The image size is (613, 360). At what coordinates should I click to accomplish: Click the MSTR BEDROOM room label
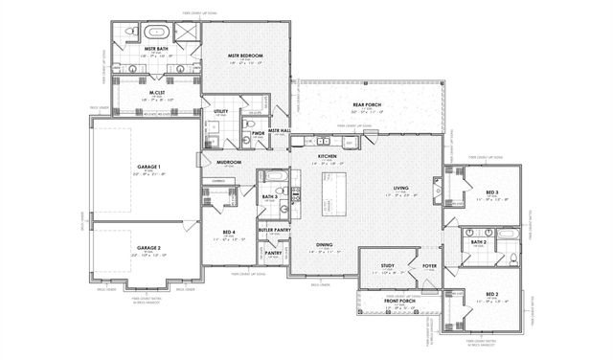point(245,56)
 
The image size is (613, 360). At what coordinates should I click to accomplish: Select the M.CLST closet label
point(157,93)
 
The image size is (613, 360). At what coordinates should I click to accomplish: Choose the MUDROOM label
point(228,163)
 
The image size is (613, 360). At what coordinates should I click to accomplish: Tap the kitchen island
point(330,191)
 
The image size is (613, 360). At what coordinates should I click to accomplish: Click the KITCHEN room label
point(329,155)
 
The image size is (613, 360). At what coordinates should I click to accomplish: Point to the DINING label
point(329,245)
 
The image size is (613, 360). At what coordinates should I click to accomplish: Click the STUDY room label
point(387,265)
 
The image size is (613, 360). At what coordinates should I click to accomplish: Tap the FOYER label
point(428,265)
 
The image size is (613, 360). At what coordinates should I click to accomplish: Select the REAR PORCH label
point(367,104)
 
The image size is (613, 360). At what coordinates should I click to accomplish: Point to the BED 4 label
point(228,233)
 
